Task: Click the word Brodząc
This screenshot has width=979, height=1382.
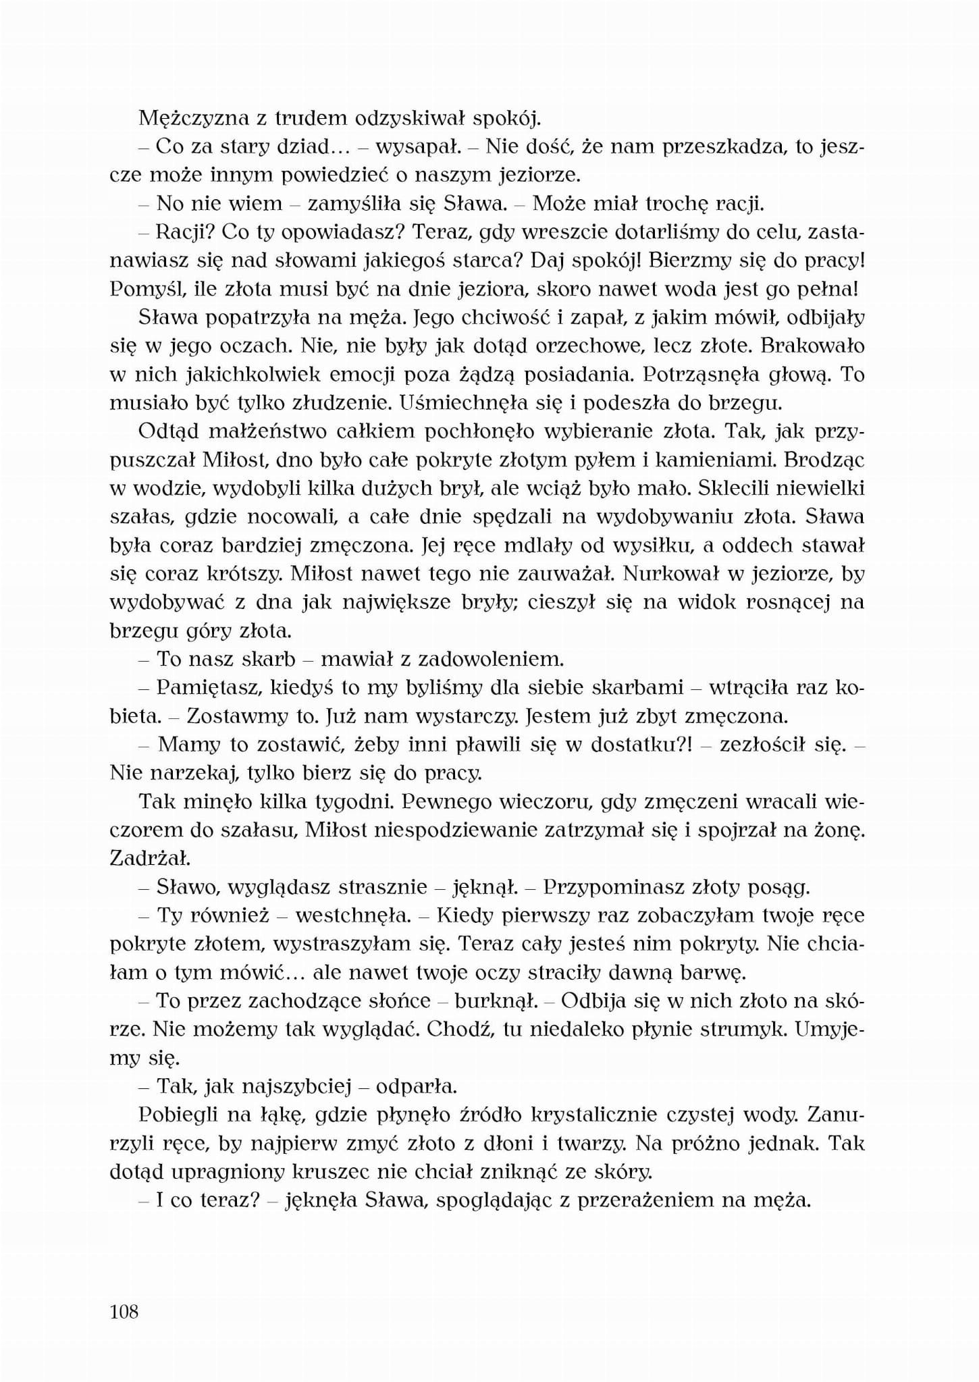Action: (x=825, y=460)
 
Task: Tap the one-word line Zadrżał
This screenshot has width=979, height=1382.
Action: (x=149, y=858)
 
